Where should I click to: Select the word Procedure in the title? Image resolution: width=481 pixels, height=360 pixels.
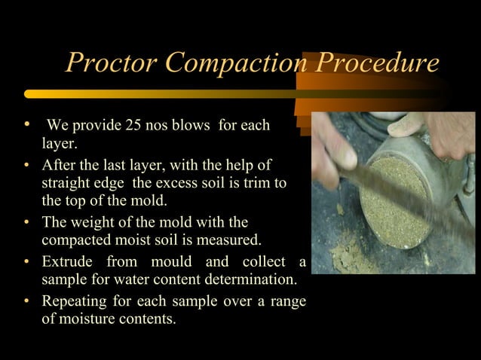(x=376, y=63)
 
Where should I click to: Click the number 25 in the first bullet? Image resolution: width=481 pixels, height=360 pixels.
(x=115, y=124)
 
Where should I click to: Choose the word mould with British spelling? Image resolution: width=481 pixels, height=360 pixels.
(x=167, y=262)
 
